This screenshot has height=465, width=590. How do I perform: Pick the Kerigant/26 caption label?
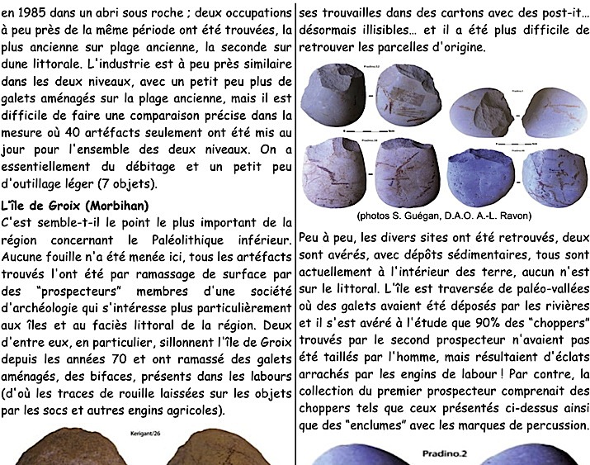pyautogui.click(x=141, y=431)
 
